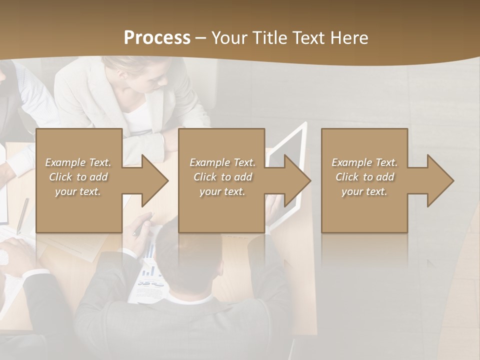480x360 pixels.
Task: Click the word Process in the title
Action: pos(157,38)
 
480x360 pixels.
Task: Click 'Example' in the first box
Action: pos(65,162)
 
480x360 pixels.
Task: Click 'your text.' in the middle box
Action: pos(221,191)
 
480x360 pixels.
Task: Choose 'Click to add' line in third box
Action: pos(364,177)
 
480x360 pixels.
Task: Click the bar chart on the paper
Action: pos(148,270)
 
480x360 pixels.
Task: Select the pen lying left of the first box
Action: pos(22,215)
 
